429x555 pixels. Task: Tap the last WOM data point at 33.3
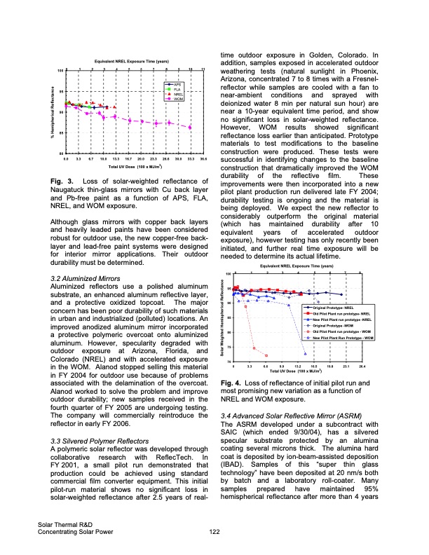pos(190,127)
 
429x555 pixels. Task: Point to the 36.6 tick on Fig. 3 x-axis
pos(203,160)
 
